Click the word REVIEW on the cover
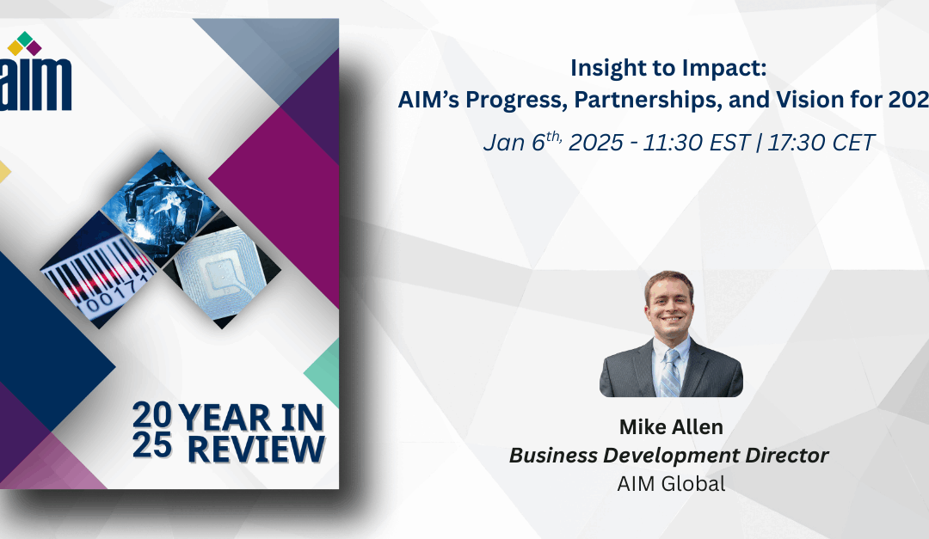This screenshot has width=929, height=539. pos(256,448)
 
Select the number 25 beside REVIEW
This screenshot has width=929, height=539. pos(151,447)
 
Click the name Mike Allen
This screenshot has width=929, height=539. pos(670,426)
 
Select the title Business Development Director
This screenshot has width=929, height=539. pos(669,455)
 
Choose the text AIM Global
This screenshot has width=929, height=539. pos(671,483)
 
